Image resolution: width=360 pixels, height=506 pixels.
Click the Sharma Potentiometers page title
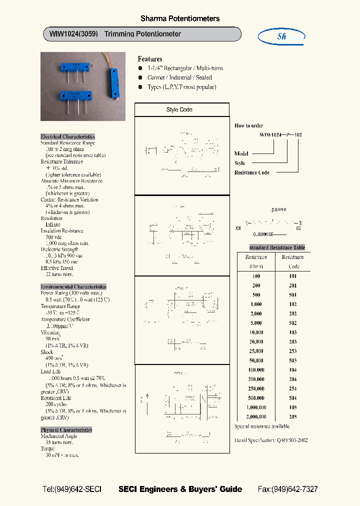(x=180, y=18)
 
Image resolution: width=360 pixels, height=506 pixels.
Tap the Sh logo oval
(x=281, y=36)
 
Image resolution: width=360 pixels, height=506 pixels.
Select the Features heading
(x=150, y=59)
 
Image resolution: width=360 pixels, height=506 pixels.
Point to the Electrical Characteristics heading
(x=67, y=136)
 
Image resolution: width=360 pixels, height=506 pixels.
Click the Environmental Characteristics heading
(x=73, y=286)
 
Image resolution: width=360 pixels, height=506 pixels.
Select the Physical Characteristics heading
(x=66, y=429)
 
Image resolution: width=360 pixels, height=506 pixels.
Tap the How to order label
(x=248, y=125)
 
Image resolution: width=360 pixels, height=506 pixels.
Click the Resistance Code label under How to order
(x=252, y=172)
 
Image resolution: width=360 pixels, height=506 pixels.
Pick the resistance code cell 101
(x=292, y=276)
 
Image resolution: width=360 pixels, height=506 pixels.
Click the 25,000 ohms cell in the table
(x=256, y=351)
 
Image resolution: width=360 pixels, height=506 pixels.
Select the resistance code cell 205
(x=292, y=416)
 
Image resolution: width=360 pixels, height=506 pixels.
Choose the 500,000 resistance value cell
(x=256, y=398)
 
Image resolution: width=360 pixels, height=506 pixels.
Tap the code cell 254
(x=292, y=388)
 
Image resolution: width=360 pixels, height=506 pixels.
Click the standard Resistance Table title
(x=277, y=247)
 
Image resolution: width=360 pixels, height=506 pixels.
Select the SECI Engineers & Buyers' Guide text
(x=180, y=489)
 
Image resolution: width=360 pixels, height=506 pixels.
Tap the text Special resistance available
(x=262, y=426)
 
